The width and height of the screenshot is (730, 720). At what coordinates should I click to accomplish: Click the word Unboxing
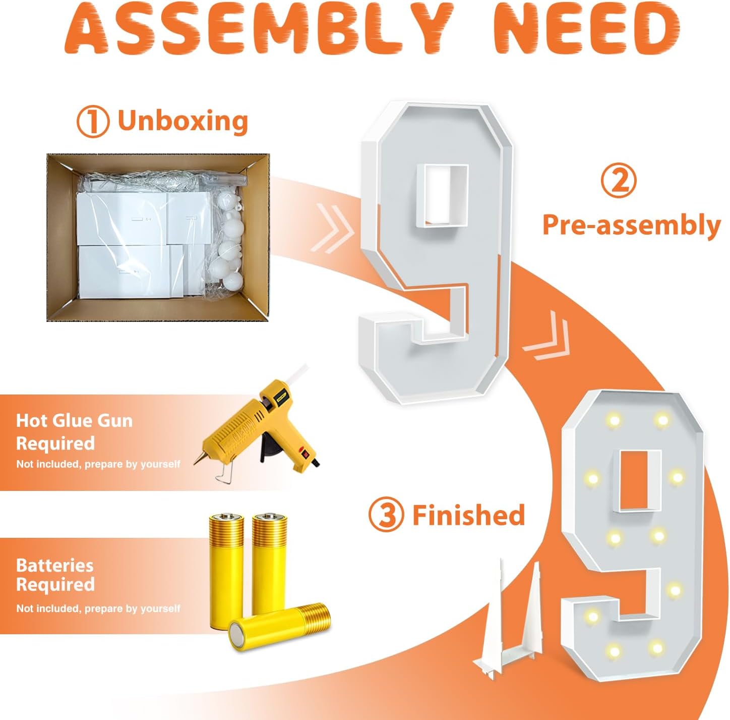(x=183, y=121)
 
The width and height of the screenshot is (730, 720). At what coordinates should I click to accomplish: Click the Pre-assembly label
(x=632, y=226)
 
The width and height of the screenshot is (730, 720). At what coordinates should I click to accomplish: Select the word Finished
(x=469, y=515)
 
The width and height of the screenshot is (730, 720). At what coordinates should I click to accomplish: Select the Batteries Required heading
(x=55, y=575)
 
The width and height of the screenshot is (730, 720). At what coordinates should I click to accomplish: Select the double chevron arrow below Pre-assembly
(x=546, y=337)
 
